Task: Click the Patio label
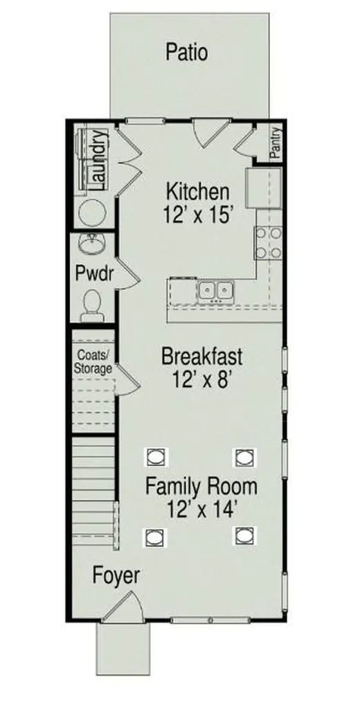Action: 187,52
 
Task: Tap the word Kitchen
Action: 197,192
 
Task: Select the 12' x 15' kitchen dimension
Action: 197,215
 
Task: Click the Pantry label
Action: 276,143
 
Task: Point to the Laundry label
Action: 98,160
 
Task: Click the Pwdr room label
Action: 93,274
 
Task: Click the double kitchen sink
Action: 215,291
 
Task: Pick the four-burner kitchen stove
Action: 269,242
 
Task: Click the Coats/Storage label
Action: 93,361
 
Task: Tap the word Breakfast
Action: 201,357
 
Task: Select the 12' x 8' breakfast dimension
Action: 201,379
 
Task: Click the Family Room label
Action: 201,487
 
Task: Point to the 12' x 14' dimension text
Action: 201,510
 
